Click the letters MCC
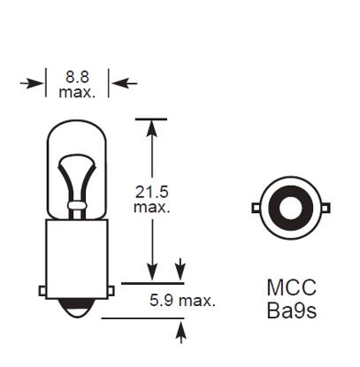pos(291,288)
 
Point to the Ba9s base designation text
pos(291,310)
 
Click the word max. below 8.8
pos(77,91)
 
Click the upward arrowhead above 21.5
pos(152,128)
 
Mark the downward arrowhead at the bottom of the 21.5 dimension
pos(152,275)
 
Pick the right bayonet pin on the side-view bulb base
pos(111,288)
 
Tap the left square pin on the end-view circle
pos(256,209)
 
